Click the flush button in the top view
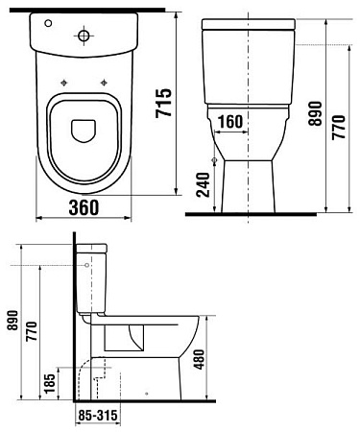[x=85, y=36]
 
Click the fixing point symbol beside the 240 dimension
[x=212, y=159]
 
